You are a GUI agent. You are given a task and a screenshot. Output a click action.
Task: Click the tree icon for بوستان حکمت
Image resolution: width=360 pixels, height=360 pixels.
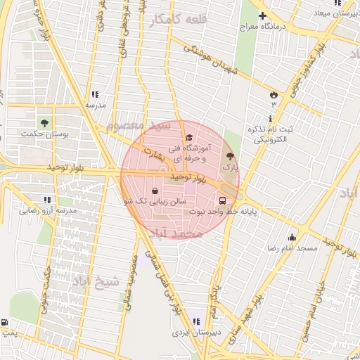click(x=45, y=122)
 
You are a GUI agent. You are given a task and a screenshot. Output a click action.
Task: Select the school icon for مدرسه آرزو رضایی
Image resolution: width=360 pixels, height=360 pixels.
click(x=48, y=200)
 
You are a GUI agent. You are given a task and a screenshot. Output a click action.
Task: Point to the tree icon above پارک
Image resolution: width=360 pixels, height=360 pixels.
click(x=230, y=156)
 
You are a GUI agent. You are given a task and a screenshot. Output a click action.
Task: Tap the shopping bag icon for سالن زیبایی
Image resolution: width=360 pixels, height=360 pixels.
click(x=155, y=191)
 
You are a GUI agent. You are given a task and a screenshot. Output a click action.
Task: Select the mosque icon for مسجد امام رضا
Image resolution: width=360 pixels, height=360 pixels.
click(x=292, y=237)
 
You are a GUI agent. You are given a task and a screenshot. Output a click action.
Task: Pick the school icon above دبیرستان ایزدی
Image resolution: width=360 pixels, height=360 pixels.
click(x=195, y=322)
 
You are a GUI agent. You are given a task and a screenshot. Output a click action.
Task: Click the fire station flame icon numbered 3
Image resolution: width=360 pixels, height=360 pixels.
click(x=274, y=94)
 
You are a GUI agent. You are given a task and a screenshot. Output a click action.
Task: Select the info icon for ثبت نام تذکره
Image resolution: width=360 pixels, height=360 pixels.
click(x=271, y=119)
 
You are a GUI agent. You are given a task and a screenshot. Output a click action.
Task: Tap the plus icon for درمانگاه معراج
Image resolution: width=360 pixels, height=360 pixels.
click(x=263, y=15)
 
